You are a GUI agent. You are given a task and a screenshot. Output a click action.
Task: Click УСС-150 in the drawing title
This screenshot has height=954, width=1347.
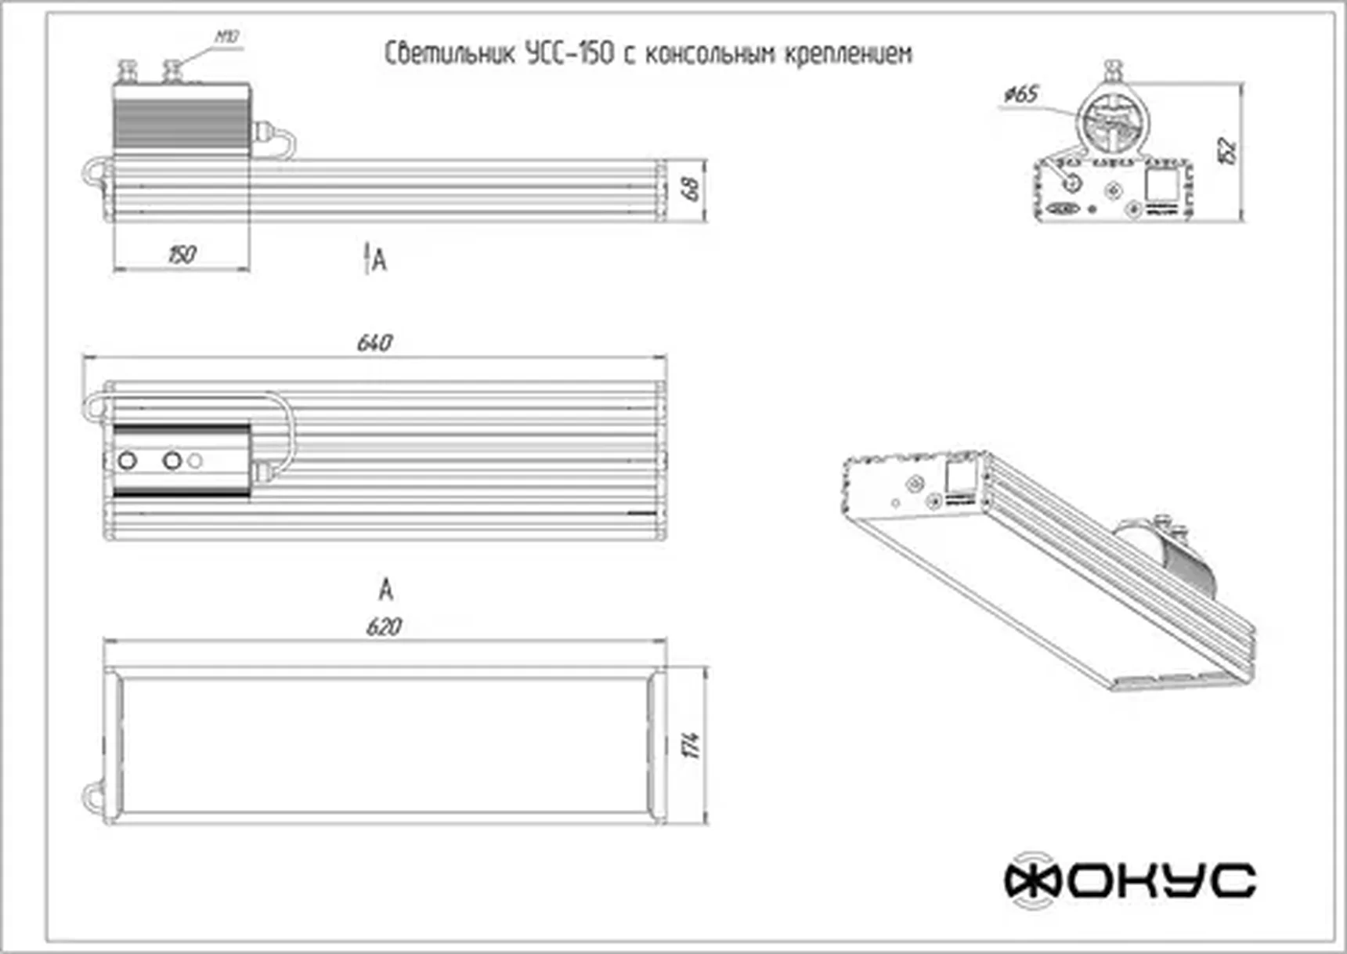point(569,54)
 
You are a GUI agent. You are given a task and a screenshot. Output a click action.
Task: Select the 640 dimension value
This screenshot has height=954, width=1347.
point(374,343)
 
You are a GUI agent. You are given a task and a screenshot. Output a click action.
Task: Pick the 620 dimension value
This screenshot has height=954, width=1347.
point(384,627)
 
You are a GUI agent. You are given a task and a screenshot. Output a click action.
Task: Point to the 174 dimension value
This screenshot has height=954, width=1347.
point(692,744)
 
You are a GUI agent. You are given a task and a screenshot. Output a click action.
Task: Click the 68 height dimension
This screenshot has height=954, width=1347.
point(692,189)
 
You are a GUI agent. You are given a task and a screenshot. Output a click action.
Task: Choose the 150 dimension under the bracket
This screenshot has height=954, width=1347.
point(182,255)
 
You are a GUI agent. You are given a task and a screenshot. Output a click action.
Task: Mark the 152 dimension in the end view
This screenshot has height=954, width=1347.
point(1227,150)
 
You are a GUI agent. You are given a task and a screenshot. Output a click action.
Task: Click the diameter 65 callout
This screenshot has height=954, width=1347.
point(1021,95)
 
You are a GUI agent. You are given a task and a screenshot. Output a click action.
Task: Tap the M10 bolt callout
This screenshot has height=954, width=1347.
point(227,37)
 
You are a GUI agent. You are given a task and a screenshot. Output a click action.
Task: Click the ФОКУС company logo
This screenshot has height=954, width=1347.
point(1130,880)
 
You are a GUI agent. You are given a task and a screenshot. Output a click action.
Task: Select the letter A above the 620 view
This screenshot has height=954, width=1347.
point(385,589)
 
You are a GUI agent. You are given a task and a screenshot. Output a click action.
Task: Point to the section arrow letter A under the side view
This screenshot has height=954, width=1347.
point(379,260)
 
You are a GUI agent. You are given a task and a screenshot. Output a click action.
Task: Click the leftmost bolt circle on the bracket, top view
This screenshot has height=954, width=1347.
point(127,461)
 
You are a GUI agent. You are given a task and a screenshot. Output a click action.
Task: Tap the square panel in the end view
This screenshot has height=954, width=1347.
point(1161,185)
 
